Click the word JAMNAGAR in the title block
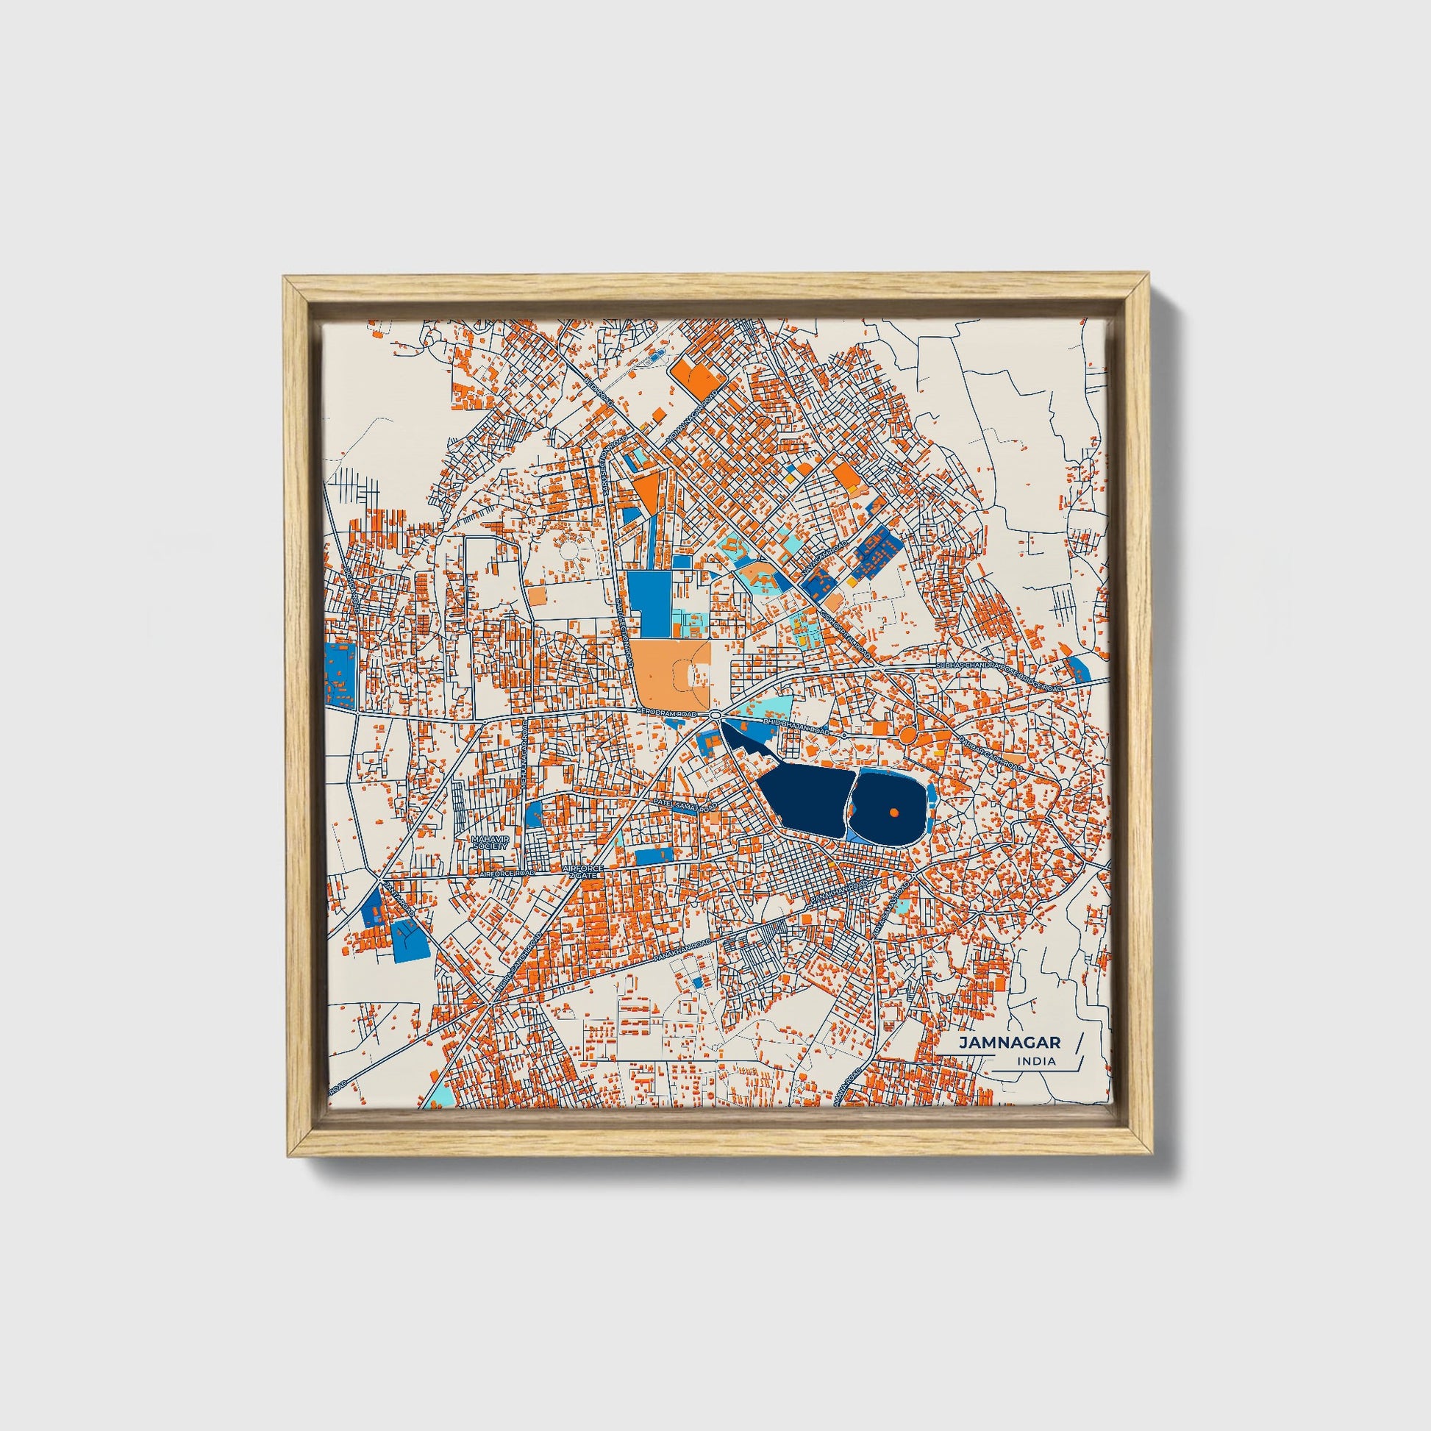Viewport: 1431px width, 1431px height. click(1009, 1042)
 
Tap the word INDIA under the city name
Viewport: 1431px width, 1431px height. click(1037, 1060)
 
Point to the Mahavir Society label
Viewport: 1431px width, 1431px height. click(492, 843)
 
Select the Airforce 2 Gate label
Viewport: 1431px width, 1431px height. click(584, 871)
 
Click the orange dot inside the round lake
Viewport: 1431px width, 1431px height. click(894, 813)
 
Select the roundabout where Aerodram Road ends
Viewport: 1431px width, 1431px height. click(715, 714)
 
